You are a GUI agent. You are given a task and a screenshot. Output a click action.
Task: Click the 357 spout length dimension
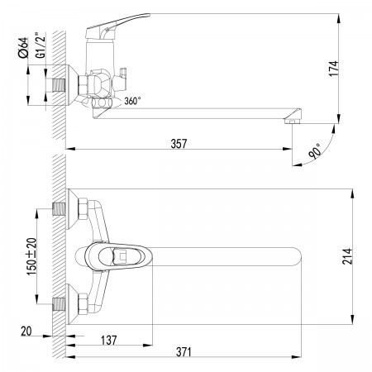(x=179, y=144)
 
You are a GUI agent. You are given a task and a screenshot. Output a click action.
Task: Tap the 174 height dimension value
(x=334, y=69)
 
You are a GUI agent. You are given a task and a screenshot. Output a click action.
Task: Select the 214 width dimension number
(x=347, y=256)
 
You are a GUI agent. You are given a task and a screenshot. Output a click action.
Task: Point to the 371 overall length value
(x=184, y=352)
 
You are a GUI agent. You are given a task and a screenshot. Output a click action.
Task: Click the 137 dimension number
(x=109, y=340)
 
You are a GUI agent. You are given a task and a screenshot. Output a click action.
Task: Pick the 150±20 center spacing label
(x=31, y=256)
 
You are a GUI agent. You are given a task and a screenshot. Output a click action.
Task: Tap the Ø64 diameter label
(x=23, y=47)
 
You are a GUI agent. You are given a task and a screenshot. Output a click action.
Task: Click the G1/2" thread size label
(x=41, y=45)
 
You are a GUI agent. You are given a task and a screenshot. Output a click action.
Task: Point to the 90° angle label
(x=315, y=151)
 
